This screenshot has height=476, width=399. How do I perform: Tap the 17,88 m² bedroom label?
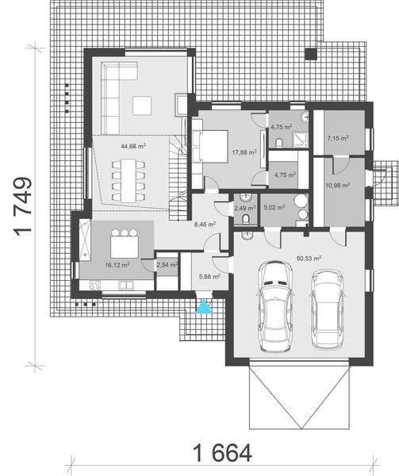click(244, 153)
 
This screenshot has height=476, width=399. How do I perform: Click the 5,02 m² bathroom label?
click(274, 209)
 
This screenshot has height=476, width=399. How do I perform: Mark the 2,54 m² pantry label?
click(167, 264)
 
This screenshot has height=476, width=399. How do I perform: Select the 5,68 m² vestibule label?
click(209, 277)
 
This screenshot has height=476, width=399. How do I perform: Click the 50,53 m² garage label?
click(308, 258)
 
